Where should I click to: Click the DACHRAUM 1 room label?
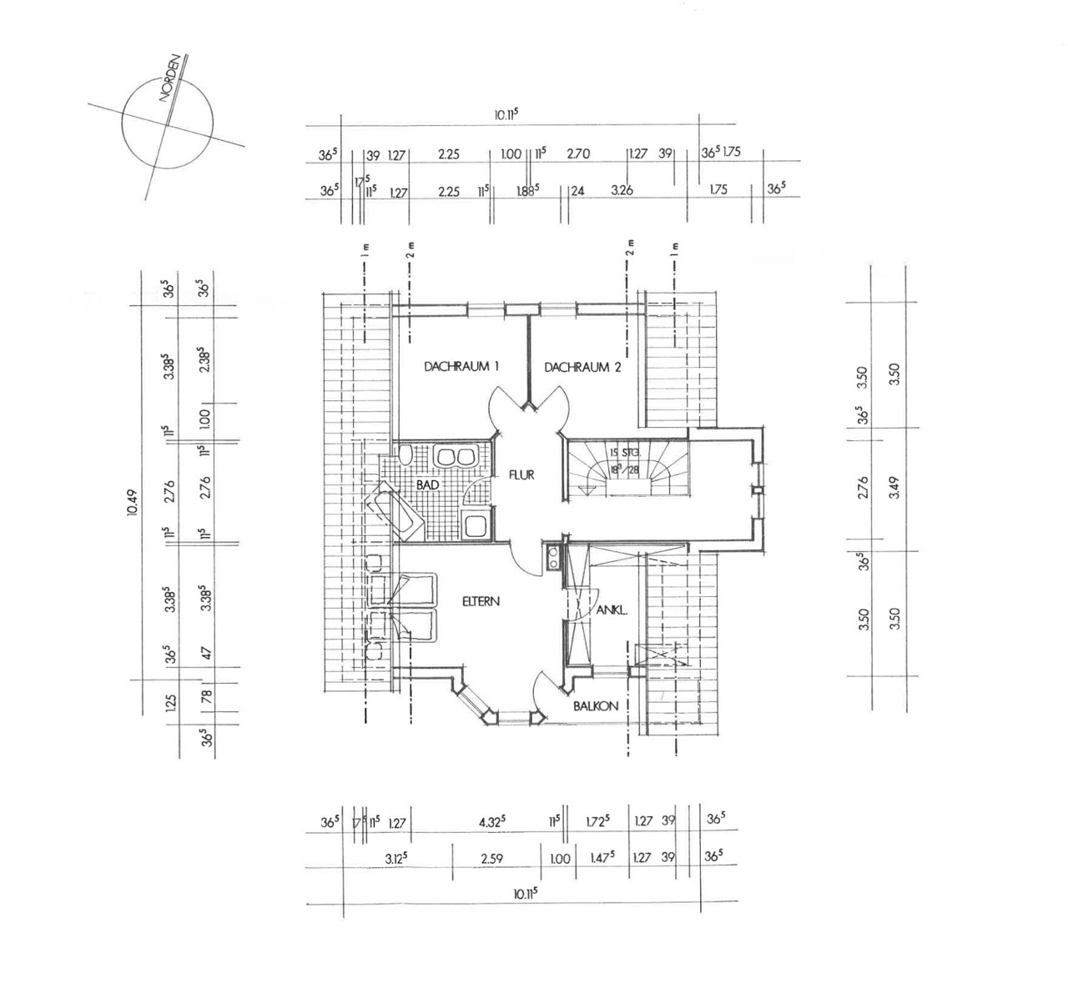point(461,366)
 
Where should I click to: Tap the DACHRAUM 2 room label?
point(582,366)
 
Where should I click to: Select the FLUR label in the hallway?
point(521,475)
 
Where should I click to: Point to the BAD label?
point(428,484)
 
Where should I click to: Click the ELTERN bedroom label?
point(481,600)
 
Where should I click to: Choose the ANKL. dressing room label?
point(612,609)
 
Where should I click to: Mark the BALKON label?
point(595,706)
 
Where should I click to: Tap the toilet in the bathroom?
point(405,455)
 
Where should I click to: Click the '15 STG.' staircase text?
point(624,452)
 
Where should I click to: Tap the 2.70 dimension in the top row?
point(578,154)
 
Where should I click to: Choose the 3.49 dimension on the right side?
point(895,487)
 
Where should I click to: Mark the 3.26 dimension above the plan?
point(622,190)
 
